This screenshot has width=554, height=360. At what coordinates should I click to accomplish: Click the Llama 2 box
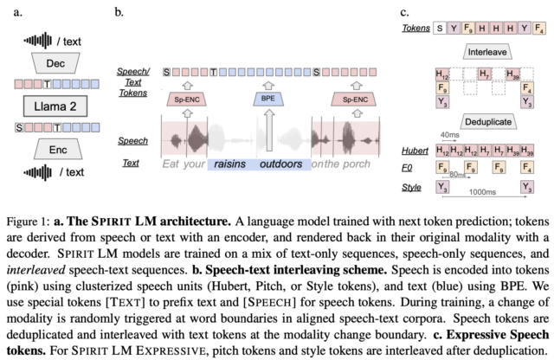tap(55, 106)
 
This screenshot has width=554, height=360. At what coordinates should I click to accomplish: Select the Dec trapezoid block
tap(55, 63)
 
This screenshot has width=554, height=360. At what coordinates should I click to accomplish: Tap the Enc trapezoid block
tap(58, 150)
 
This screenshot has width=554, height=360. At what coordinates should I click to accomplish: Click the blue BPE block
tap(268, 99)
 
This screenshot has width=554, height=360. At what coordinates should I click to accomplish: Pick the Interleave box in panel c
tap(487, 52)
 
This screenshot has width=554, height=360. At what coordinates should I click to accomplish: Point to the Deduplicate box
tap(488, 122)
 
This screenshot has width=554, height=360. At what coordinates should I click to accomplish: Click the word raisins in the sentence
tap(229, 164)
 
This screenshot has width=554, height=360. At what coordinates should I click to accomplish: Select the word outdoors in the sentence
tap(280, 164)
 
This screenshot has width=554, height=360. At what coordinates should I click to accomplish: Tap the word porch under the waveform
tap(357, 164)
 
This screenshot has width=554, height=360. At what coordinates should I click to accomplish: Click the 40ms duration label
tap(450, 135)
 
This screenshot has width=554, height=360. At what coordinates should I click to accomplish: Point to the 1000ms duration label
tap(482, 192)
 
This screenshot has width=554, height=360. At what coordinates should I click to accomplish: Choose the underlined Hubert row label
tap(415, 151)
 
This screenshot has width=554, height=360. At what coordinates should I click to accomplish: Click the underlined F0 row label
tap(407, 168)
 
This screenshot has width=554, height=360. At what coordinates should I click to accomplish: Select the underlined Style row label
tap(411, 187)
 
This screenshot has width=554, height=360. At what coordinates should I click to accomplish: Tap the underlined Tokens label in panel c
tap(416, 28)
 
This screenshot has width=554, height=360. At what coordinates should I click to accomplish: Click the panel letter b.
tap(119, 12)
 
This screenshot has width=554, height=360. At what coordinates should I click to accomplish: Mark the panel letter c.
tap(404, 12)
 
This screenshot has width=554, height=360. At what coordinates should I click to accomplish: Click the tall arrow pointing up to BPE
tap(269, 130)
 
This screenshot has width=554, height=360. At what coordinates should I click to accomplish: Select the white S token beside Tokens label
tap(440, 28)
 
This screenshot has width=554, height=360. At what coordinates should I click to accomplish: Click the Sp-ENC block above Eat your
tap(187, 100)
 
